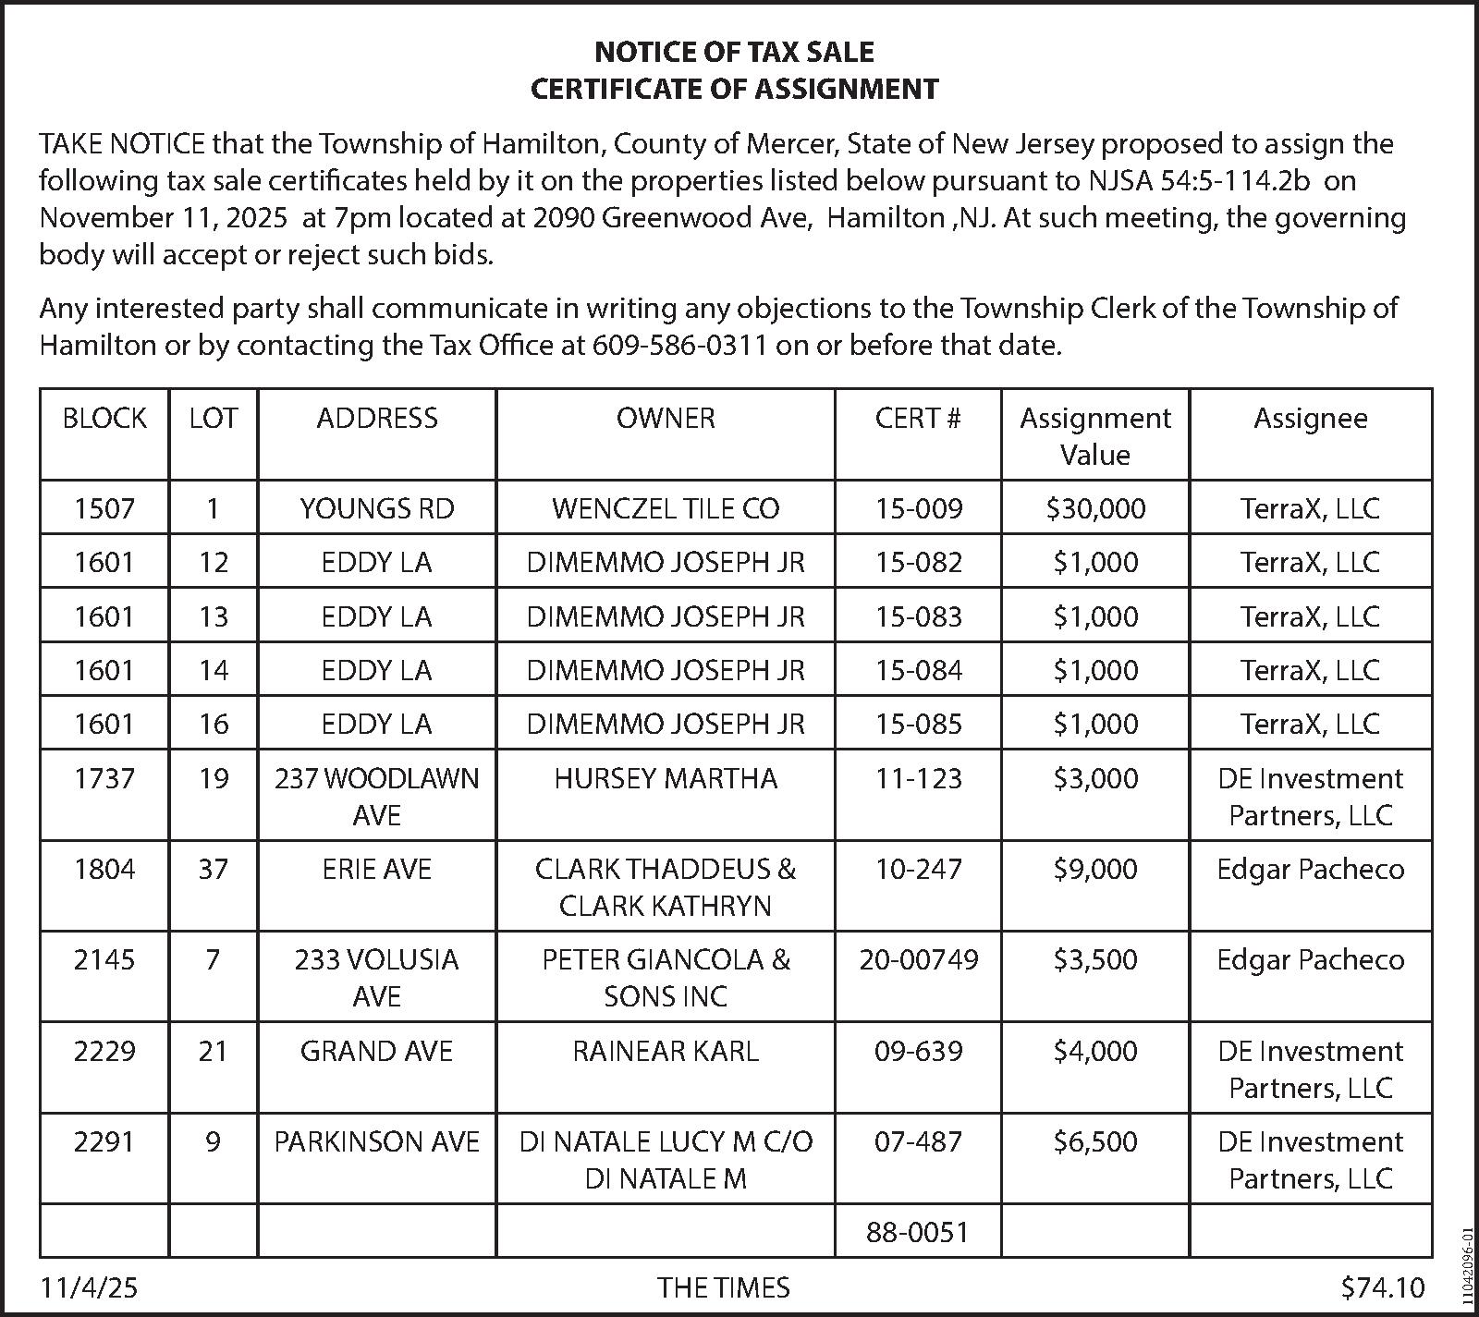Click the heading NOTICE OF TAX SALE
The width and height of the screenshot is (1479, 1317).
point(734,51)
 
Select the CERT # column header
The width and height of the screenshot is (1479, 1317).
point(918,419)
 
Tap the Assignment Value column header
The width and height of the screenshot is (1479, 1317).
point(1094,436)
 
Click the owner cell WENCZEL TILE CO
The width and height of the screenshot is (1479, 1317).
point(666,508)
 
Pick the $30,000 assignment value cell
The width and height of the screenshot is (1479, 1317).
point(1095,508)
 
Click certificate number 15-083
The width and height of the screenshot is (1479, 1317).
point(918,616)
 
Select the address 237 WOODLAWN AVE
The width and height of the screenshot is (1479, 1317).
point(377,796)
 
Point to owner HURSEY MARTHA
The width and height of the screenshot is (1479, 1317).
point(666,779)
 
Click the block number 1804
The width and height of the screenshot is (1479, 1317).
point(104,870)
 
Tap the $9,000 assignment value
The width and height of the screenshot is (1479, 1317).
point(1095,870)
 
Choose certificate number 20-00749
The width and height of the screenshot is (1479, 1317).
point(918,960)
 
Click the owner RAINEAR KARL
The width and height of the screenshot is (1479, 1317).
point(666,1052)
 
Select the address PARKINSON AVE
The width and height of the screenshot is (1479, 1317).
point(377,1142)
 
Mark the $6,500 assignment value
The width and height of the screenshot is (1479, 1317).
point(1095,1142)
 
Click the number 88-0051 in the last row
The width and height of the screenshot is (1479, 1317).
point(918,1232)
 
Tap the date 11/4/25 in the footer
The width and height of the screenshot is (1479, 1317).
point(89,1287)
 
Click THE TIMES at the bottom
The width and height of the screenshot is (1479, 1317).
point(724,1287)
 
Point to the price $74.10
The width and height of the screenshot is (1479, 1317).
point(1383,1287)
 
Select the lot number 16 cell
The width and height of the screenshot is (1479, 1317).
point(214,724)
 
